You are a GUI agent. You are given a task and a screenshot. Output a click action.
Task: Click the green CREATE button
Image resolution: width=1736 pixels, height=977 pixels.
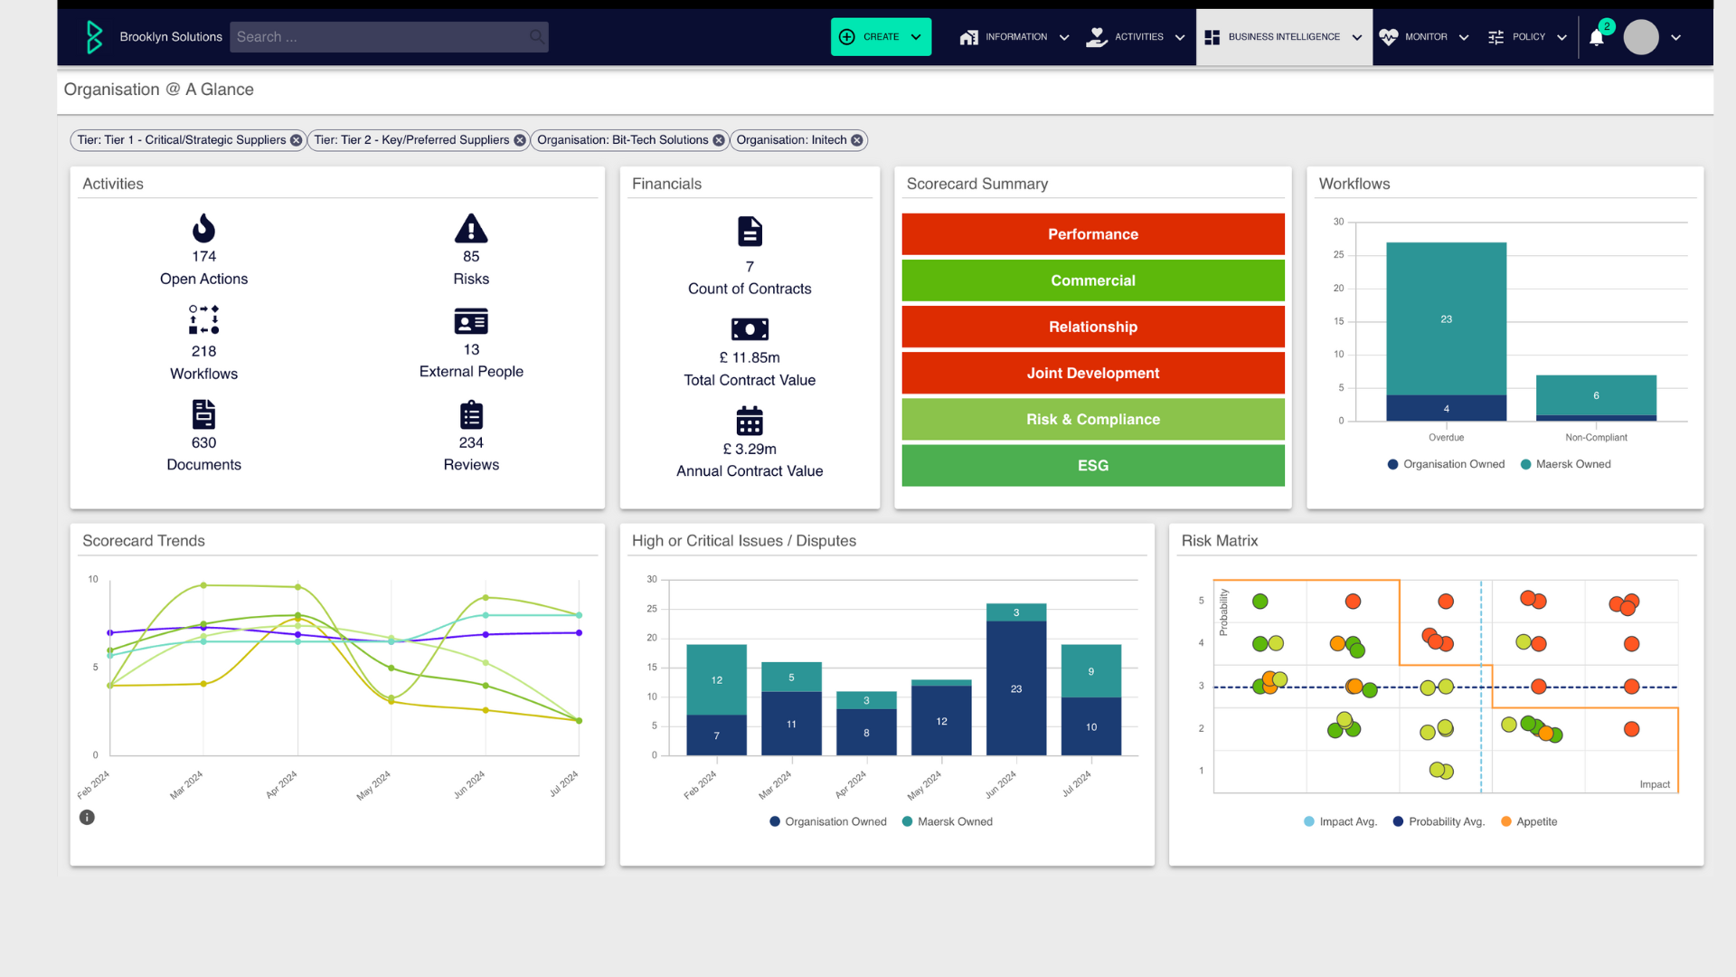(x=880, y=37)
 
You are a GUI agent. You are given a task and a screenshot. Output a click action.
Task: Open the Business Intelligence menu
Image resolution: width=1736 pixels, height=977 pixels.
(x=1283, y=37)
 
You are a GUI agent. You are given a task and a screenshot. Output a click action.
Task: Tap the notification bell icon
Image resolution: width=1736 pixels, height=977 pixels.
(x=1597, y=38)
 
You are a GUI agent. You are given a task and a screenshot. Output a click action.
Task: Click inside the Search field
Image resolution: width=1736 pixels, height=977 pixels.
(x=380, y=37)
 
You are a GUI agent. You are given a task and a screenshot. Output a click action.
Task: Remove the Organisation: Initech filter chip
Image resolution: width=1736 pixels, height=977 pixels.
(x=857, y=140)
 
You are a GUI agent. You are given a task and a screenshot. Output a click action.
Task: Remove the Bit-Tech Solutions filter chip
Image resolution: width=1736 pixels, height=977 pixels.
(x=719, y=140)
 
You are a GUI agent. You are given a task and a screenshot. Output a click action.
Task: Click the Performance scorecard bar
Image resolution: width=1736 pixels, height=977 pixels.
(x=1092, y=234)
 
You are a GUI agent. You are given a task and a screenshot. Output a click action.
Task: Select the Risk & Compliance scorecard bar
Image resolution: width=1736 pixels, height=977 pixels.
(x=1092, y=420)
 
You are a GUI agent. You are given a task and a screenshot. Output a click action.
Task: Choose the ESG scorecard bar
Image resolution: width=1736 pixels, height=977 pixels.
(x=1092, y=466)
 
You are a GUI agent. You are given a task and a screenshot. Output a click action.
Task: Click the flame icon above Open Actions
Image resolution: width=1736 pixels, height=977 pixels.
(x=203, y=228)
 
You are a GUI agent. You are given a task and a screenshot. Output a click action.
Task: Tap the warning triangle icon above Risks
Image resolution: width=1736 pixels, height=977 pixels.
(x=471, y=229)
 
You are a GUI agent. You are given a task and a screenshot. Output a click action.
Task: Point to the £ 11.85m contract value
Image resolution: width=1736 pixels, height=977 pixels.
(x=750, y=357)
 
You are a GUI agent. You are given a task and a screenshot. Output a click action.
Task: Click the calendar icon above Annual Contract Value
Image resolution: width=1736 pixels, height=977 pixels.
(x=750, y=421)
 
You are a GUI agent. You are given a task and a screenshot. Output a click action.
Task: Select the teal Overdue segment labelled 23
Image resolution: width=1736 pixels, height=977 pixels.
(x=1446, y=318)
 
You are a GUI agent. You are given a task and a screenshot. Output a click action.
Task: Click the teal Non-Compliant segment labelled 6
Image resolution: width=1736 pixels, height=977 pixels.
(x=1596, y=395)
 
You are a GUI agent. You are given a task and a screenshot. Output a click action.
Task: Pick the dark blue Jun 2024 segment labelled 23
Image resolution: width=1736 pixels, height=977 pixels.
(x=1016, y=688)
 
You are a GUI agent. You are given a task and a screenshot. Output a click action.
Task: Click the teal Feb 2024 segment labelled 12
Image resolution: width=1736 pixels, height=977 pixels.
(x=716, y=679)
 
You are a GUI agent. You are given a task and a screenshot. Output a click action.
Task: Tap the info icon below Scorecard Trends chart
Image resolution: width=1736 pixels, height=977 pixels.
(x=87, y=817)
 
